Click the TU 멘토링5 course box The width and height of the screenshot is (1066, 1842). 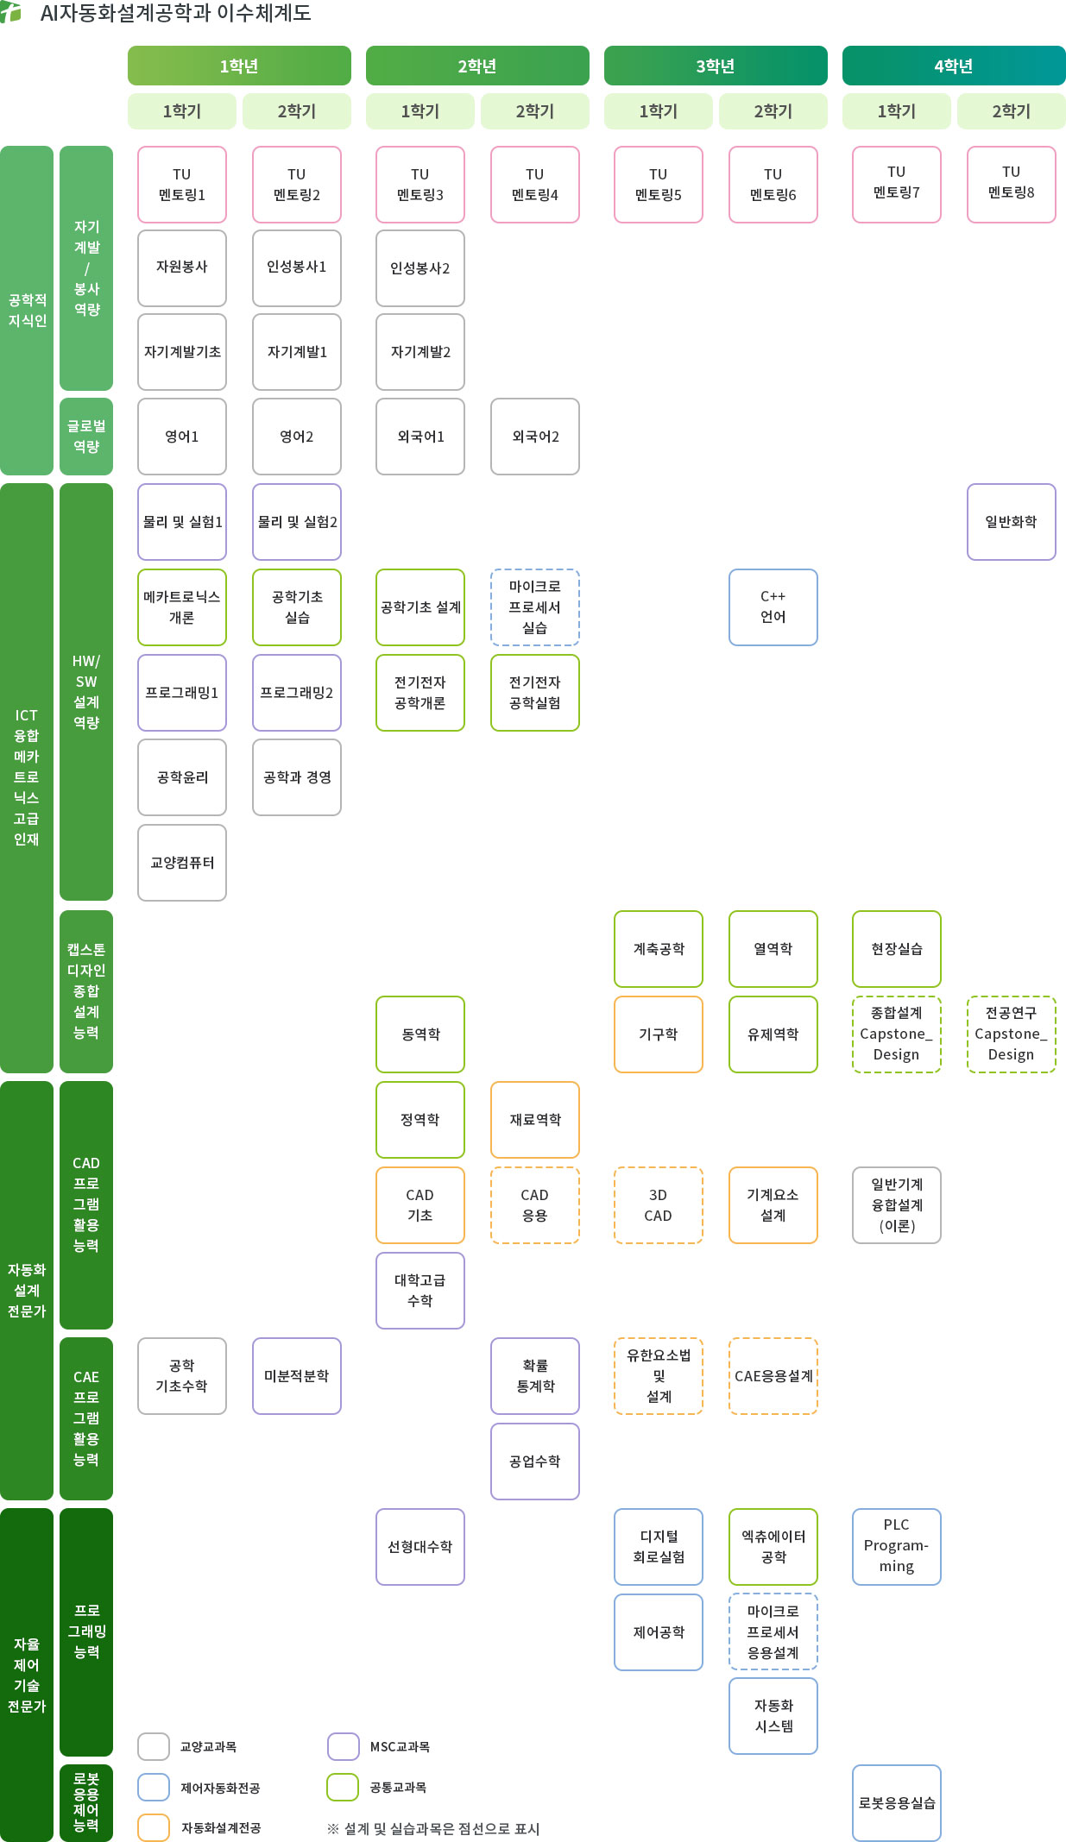click(x=658, y=185)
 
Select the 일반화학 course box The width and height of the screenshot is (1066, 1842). click(x=1011, y=521)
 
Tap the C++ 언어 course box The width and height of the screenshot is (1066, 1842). click(x=773, y=607)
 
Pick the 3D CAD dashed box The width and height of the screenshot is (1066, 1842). click(x=658, y=1204)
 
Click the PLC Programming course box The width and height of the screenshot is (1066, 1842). click(x=896, y=1546)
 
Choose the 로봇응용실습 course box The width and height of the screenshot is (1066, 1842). click(x=896, y=1802)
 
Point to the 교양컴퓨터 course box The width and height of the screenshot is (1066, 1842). click(x=182, y=862)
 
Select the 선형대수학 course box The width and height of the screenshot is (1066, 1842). click(x=419, y=1546)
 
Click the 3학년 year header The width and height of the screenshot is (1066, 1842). click(x=715, y=66)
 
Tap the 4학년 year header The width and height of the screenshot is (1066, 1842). click(x=953, y=66)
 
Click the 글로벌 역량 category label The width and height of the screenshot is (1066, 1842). click(x=86, y=436)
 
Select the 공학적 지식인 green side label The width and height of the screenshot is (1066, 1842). click(x=27, y=310)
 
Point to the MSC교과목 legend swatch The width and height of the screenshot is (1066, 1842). click(x=344, y=1746)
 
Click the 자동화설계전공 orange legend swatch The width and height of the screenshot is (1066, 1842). click(x=154, y=1827)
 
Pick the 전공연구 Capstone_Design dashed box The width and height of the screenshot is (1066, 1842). click(x=1011, y=1034)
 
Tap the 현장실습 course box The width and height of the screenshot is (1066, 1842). click(x=896, y=948)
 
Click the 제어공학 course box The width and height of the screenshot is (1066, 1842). click(x=658, y=1631)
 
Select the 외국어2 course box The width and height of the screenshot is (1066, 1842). click(x=534, y=436)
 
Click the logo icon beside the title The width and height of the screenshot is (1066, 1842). click(x=11, y=12)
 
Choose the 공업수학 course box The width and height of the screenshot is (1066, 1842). click(x=534, y=1461)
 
